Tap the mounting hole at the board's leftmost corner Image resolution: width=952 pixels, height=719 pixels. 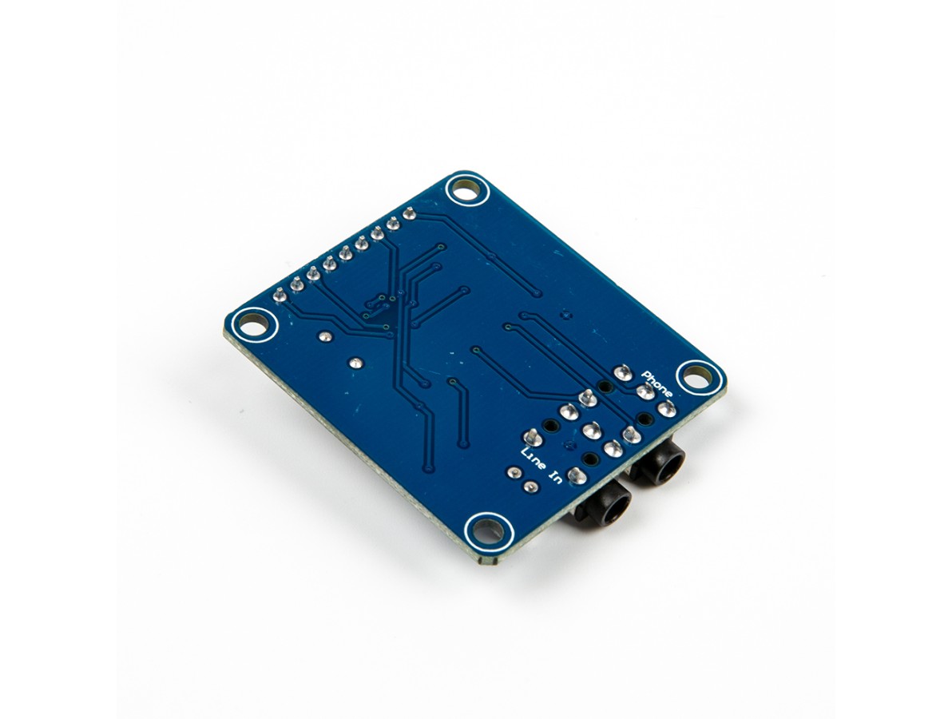point(255,326)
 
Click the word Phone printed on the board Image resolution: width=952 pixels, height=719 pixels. point(657,383)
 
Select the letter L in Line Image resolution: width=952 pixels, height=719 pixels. point(526,453)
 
